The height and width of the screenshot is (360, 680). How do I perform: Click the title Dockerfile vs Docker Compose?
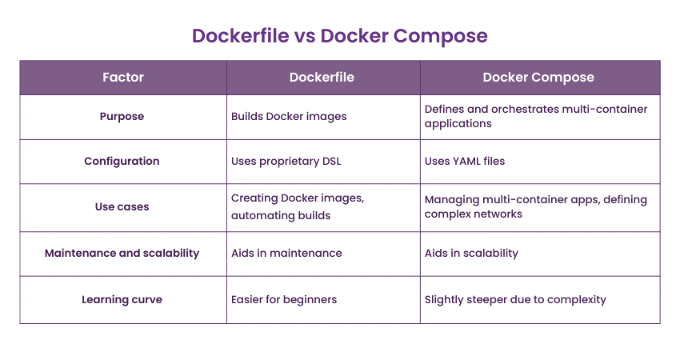(340, 35)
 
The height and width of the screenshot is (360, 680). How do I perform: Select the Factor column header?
(122, 78)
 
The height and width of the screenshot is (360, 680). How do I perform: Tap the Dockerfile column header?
(322, 78)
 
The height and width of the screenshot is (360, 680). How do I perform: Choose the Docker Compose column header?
(538, 78)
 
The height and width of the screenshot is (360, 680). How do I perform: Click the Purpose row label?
(122, 116)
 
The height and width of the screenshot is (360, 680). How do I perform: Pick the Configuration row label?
(122, 161)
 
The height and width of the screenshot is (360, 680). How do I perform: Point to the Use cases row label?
(122, 206)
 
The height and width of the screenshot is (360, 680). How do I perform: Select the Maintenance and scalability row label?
(122, 253)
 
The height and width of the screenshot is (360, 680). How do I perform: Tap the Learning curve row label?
(122, 299)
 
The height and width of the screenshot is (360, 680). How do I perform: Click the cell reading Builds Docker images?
(289, 116)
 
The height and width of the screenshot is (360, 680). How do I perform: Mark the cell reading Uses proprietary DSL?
(286, 161)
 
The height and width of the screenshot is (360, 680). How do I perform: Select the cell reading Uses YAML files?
(465, 161)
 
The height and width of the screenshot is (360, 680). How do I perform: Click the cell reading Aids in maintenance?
(286, 253)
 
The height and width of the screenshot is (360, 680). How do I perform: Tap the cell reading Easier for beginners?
(284, 299)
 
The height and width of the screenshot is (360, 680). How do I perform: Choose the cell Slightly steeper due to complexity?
(515, 299)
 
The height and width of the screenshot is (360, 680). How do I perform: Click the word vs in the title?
(306, 35)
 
